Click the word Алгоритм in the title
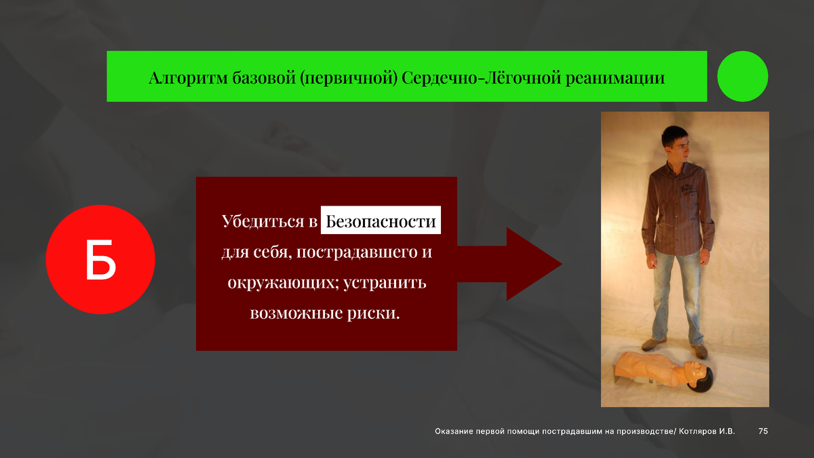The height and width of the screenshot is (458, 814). tap(189, 78)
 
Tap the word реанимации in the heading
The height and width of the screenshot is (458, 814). tap(615, 79)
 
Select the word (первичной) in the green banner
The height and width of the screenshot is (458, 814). tap(349, 79)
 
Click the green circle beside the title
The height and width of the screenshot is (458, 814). tap(742, 76)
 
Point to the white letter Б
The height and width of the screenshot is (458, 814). tap(100, 259)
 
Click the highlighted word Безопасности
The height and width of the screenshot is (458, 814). tap(381, 221)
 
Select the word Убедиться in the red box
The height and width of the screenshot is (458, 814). tap(263, 221)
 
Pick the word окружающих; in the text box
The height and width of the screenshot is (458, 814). tap(283, 283)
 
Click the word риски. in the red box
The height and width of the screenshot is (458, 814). tap(373, 313)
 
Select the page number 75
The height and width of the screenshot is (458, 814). tap(763, 431)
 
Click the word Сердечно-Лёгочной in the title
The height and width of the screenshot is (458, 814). tap(482, 78)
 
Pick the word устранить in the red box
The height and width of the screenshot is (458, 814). tap(385, 283)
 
